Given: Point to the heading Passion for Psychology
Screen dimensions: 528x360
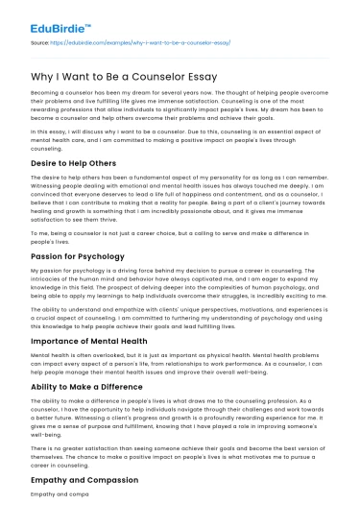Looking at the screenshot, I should pos(75,242).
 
